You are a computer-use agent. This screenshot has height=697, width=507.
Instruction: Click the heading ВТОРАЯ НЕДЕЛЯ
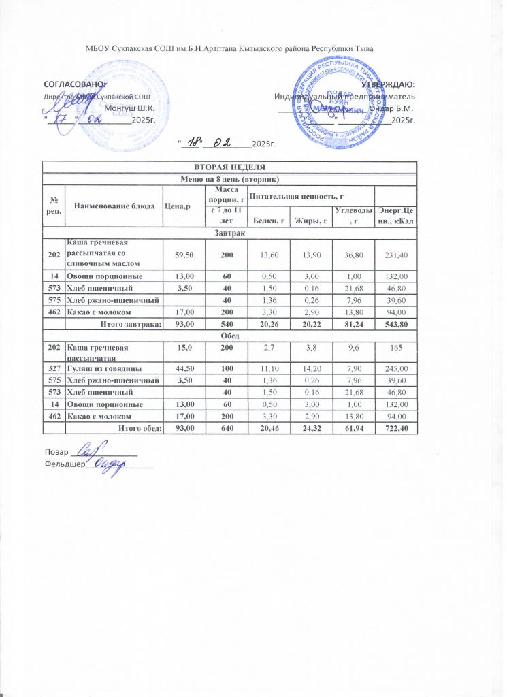(229, 167)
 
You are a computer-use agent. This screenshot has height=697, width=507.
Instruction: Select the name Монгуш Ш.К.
(129, 108)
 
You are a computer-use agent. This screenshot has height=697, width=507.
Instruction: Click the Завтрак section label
(229, 232)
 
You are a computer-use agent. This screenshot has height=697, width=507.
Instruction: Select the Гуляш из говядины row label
(103, 368)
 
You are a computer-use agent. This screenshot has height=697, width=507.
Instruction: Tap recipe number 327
(53, 368)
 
